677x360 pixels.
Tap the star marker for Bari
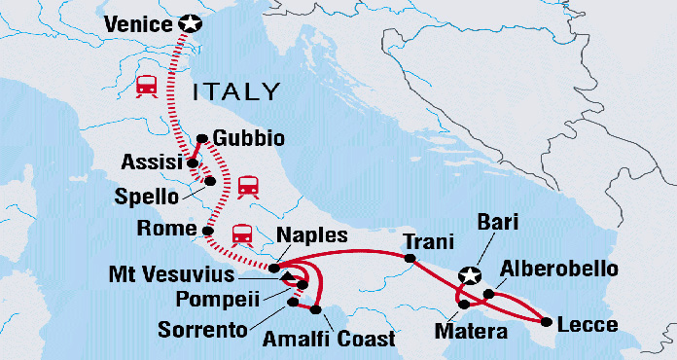pos(471,276)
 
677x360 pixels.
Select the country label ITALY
pos(237,92)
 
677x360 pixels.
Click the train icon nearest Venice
pos(148,85)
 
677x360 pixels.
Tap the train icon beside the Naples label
pos(243,234)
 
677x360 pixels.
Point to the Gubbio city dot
pos(201,138)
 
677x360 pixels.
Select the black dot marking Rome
pos(207,231)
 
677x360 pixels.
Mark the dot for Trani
pos(410,259)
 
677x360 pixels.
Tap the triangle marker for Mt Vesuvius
pos(287,278)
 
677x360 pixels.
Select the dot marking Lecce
pos(551,322)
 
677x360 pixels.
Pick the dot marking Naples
pos(275,267)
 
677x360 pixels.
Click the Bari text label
pos(498,223)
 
